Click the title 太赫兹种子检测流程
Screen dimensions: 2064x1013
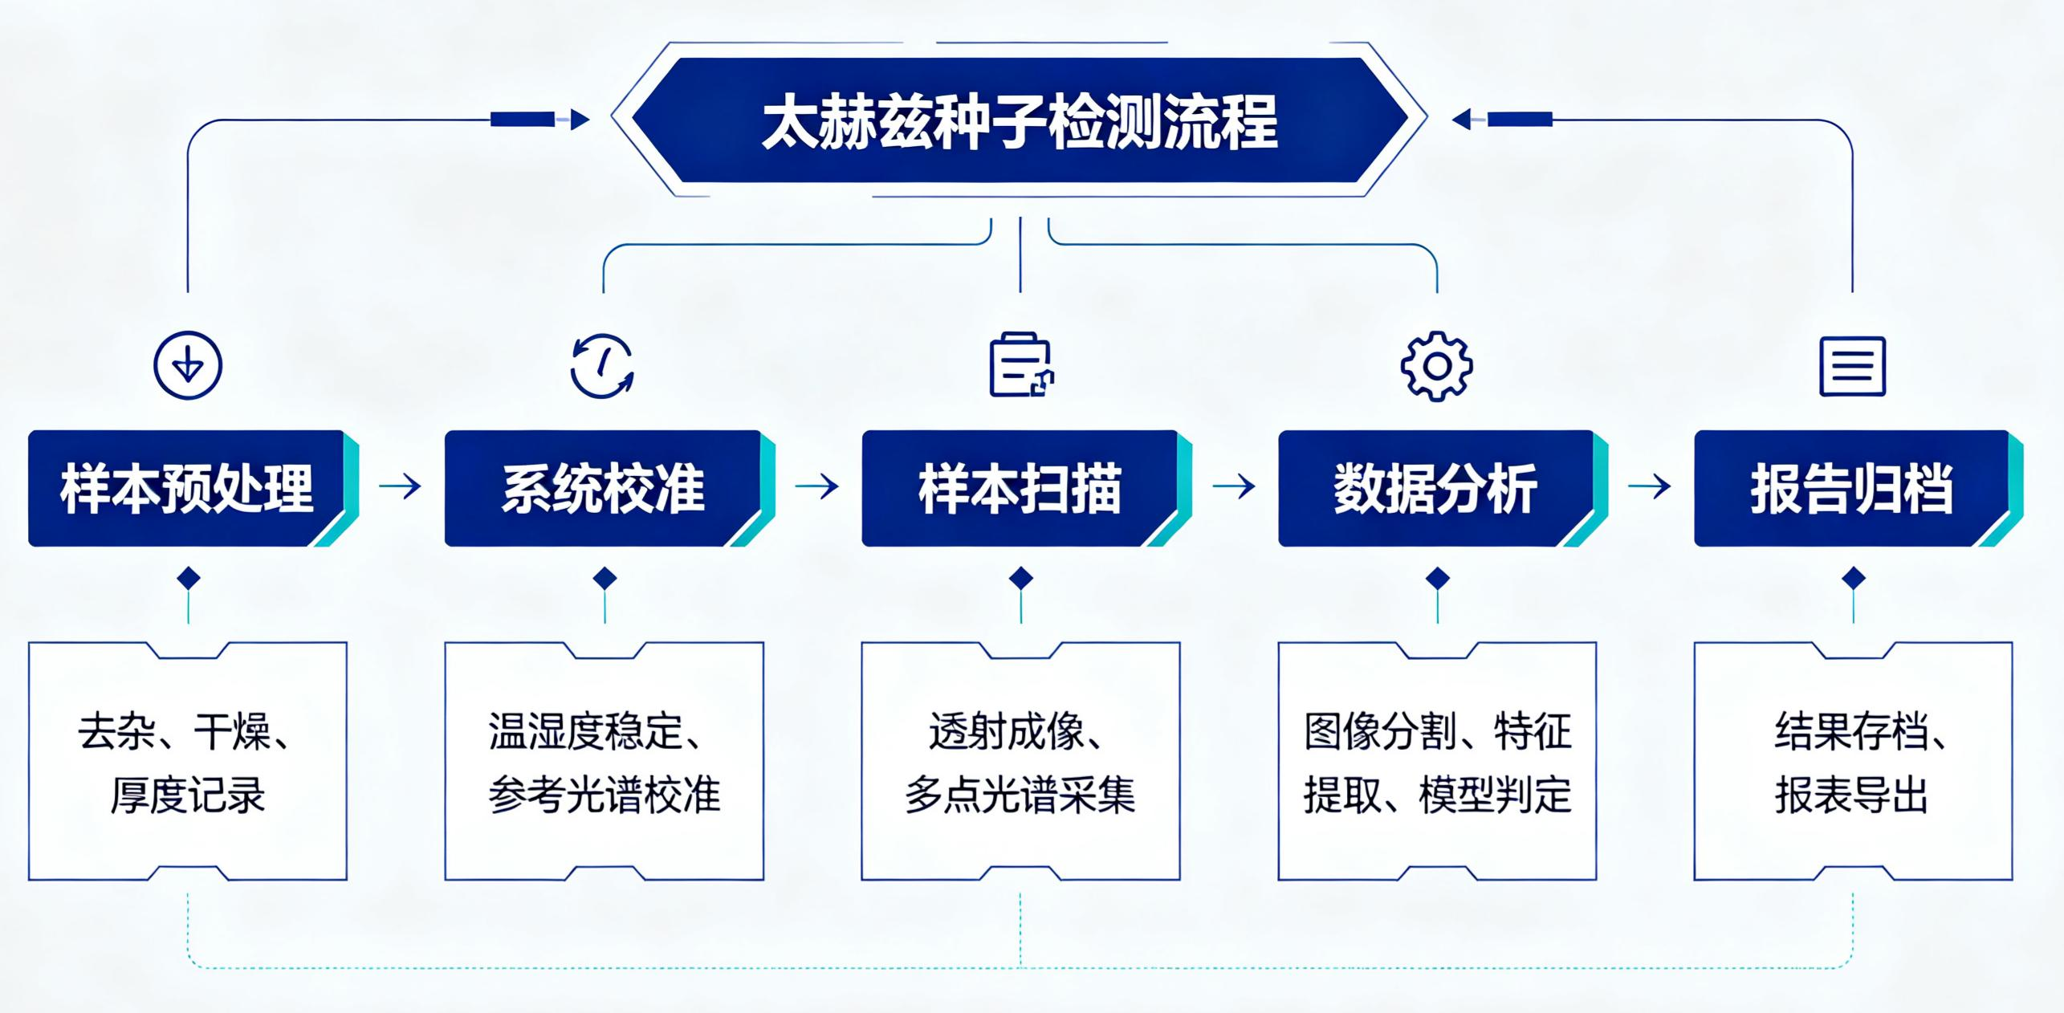pyautogui.click(x=1020, y=121)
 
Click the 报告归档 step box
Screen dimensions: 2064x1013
pyautogui.click(x=1858, y=488)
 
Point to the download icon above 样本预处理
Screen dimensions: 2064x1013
pyautogui.click(x=188, y=365)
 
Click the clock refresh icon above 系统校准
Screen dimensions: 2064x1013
pyautogui.click(x=603, y=365)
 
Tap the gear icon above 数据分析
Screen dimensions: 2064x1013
pyautogui.click(x=1436, y=366)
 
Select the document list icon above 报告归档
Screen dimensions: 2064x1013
pyautogui.click(x=1852, y=366)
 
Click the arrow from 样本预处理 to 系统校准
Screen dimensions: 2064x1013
pyautogui.click(x=400, y=486)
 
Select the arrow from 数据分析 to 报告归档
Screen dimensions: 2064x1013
pyautogui.click(x=1650, y=486)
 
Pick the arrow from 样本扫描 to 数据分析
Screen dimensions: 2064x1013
pyautogui.click(x=1234, y=486)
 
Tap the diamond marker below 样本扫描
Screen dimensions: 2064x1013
pyautogui.click(x=1021, y=578)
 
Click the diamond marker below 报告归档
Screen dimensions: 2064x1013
pyautogui.click(x=1854, y=578)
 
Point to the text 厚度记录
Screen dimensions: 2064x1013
pyautogui.click(x=188, y=795)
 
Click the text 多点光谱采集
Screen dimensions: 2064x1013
pyautogui.click(x=1020, y=795)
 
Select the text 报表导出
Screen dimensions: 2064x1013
pyautogui.click(x=1852, y=795)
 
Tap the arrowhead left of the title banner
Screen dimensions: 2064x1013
pyautogui.click(x=580, y=120)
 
